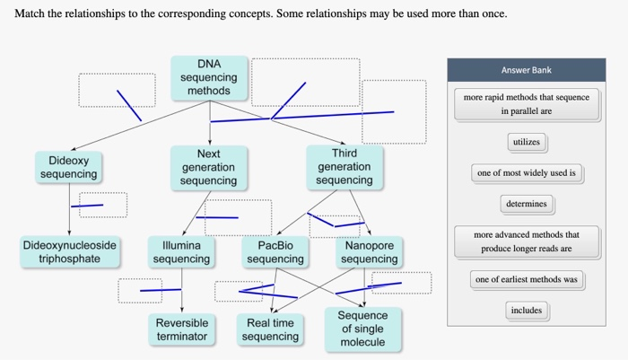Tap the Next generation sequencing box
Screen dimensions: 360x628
click(x=208, y=168)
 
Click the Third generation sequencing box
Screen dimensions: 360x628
click(x=344, y=168)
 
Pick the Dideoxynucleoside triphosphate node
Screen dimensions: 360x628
click(x=69, y=252)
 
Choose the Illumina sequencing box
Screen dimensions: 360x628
click(x=181, y=252)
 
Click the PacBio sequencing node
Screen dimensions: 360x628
click(x=275, y=252)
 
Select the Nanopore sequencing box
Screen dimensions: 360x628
click(x=369, y=252)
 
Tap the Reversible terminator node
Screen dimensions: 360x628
click(x=181, y=329)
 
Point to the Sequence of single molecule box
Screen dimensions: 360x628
click(x=362, y=329)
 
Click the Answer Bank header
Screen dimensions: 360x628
click(x=527, y=70)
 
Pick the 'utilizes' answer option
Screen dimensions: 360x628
click(x=527, y=142)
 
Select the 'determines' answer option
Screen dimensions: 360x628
click(x=527, y=204)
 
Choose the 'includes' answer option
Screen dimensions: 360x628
click(x=527, y=311)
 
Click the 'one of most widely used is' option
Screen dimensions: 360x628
click(x=527, y=173)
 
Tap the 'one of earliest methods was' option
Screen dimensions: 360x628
click(x=527, y=280)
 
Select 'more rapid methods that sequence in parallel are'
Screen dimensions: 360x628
click(x=527, y=104)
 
